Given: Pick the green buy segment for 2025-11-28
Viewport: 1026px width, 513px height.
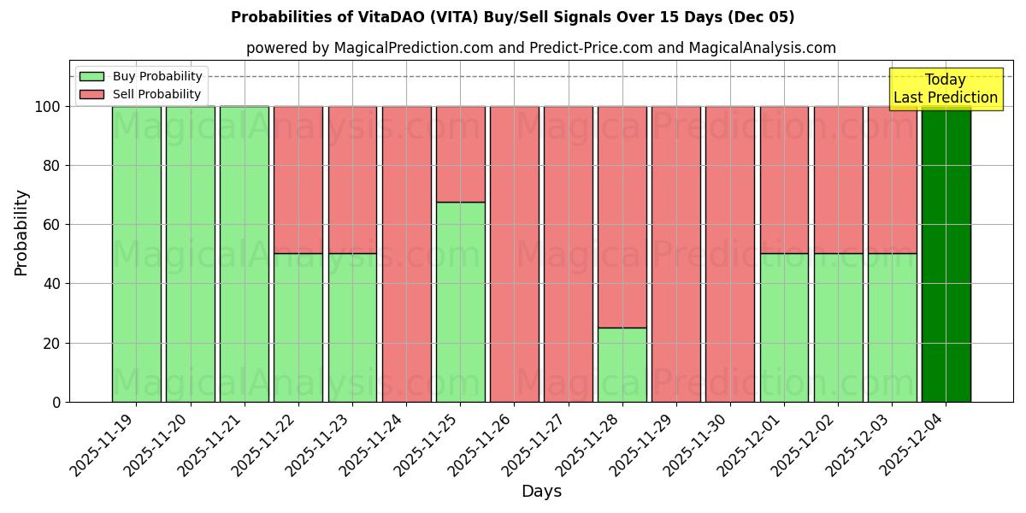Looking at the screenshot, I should tap(622, 365).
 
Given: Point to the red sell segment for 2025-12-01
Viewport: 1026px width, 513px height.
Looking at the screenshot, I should tap(784, 180).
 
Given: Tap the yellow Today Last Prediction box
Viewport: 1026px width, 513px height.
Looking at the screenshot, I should tap(945, 89).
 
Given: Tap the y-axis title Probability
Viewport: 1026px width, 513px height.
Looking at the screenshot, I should tap(21, 232).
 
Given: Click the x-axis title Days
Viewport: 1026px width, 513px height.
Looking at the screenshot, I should tap(541, 492).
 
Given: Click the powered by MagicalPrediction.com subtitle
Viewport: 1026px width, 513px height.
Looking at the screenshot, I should tap(540, 48).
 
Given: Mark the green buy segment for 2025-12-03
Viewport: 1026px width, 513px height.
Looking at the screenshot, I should tap(892, 327).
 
